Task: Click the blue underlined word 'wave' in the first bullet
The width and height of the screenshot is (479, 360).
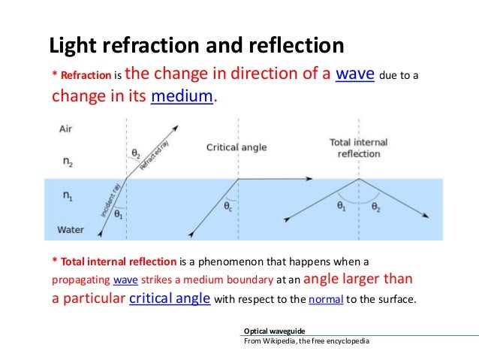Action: [x=355, y=76]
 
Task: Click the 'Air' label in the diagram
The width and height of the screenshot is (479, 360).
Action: [x=66, y=129]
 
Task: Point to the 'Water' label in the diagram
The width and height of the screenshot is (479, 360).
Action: [x=71, y=228]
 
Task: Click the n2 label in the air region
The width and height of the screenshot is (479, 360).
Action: [x=67, y=160]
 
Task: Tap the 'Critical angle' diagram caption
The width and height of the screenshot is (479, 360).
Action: [x=236, y=147]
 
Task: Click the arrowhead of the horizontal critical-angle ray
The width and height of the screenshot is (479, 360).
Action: [x=311, y=180]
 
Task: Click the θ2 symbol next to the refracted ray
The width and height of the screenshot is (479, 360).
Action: [x=136, y=154]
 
